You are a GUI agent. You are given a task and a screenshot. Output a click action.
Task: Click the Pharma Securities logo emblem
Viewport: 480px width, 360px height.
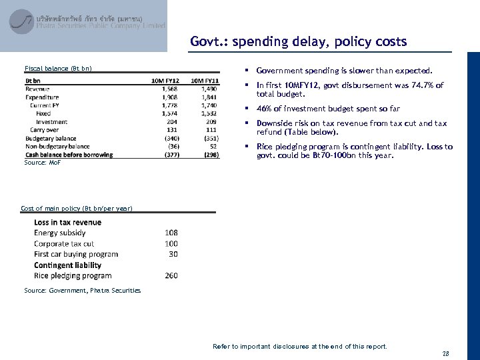coord(22,22)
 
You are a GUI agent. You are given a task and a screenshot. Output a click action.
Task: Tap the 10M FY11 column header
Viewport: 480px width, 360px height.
coord(204,81)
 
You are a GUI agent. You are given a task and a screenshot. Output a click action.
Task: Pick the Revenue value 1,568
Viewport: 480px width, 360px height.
coord(169,89)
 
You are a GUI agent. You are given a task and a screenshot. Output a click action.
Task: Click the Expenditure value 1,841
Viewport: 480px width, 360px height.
coord(208,97)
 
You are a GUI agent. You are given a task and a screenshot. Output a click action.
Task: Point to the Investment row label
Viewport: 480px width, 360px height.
coord(51,122)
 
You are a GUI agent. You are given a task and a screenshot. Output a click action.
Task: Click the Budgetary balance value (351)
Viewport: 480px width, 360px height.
coord(209,139)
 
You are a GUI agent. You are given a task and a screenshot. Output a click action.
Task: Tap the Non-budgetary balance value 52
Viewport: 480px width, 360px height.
coord(213,147)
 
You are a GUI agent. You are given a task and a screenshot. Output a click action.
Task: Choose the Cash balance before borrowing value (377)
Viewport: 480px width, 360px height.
coord(170,155)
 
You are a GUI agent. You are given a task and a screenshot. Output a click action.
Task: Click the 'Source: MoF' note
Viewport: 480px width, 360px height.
coord(42,163)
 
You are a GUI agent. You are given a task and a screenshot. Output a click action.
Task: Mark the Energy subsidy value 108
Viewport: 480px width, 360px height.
coord(171,233)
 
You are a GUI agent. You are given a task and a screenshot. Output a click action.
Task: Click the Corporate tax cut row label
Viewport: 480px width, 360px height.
coord(64,244)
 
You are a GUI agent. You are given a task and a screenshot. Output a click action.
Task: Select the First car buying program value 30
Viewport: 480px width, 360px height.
coord(173,255)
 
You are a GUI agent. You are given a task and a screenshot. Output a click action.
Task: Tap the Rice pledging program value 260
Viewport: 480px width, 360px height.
coord(171,276)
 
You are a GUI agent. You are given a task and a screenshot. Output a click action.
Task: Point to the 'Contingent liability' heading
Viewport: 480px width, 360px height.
coord(67,265)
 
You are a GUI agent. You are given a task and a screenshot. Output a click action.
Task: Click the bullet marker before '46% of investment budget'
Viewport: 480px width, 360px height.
coord(247,109)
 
